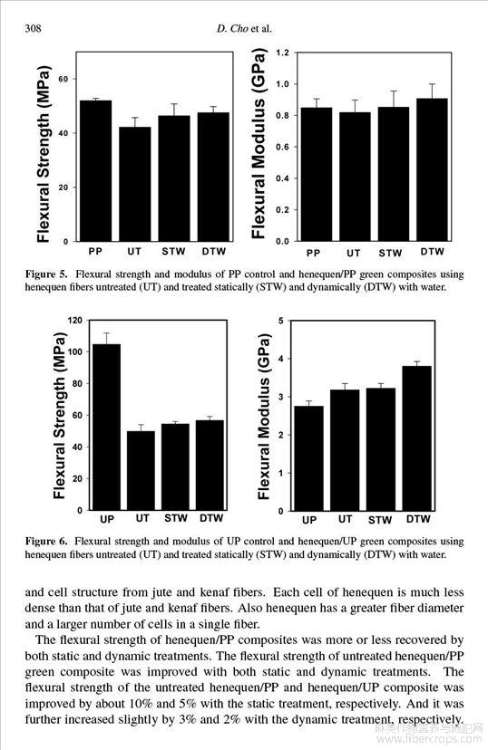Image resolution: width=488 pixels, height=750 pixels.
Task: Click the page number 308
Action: [x=33, y=29]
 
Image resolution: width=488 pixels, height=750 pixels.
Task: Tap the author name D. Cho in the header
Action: [x=232, y=29]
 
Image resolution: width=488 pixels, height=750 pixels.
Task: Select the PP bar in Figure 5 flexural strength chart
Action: [x=96, y=171]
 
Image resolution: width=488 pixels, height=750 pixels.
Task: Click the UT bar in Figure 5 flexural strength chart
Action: [x=135, y=184]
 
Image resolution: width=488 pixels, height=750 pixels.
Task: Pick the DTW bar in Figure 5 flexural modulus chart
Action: [x=432, y=169]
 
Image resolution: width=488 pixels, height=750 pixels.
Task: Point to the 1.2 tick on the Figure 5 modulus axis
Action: [x=283, y=53]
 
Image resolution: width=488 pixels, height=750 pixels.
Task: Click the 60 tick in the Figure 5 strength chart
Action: [x=63, y=79]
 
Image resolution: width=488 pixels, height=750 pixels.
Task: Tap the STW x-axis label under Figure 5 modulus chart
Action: [x=390, y=253]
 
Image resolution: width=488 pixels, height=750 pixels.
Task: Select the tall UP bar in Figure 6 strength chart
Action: [x=106, y=428]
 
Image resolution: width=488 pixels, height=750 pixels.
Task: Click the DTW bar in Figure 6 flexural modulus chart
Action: [x=417, y=438]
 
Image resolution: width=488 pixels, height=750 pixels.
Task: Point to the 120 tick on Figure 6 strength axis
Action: [x=76, y=321]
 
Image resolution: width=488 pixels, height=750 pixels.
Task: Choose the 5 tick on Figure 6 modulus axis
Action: [x=281, y=321]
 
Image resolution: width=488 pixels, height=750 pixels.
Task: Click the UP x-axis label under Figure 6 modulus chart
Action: [x=309, y=520]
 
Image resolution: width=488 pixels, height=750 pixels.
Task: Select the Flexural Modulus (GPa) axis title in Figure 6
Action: [x=264, y=417]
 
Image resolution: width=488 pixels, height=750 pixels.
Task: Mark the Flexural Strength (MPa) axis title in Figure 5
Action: [x=44, y=153]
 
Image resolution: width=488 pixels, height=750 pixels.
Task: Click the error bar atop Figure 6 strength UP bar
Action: [x=106, y=338]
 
